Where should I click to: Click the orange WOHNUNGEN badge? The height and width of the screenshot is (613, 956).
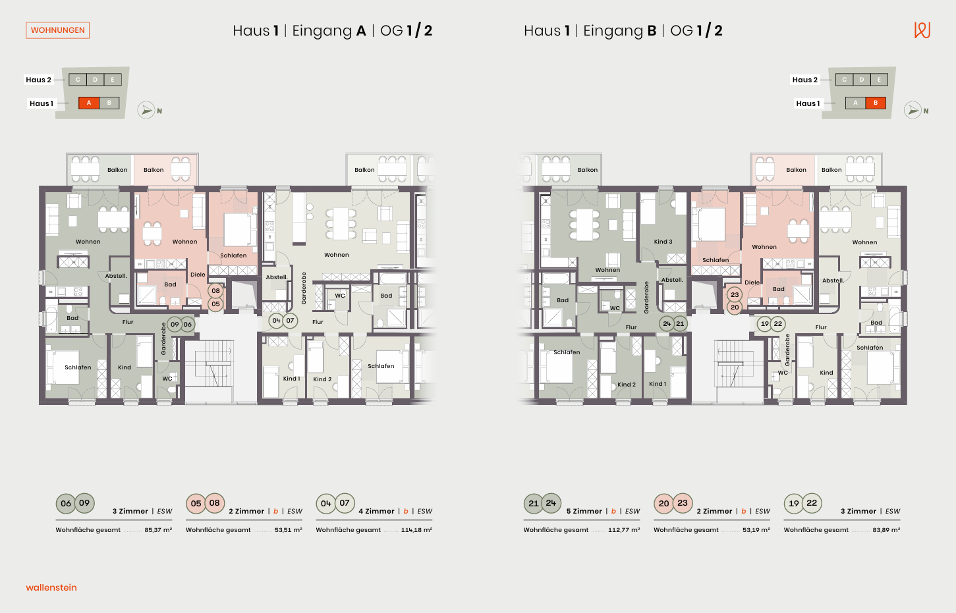(x=57, y=30)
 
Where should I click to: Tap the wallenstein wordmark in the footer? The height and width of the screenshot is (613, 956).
(x=51, y=587)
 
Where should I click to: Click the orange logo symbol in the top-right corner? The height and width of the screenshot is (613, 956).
(x=922, y=30)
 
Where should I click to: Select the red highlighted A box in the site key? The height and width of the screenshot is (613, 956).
(x=89, y=103)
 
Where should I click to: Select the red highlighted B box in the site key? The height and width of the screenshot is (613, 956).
(x=876, y=103)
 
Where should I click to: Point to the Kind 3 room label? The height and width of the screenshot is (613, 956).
(x=663, y=242)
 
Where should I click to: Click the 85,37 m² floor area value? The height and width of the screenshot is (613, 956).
(x=158, y=530)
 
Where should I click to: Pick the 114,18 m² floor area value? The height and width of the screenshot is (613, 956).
(x=416, y=530)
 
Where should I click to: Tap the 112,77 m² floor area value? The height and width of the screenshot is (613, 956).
(x=624, y=530)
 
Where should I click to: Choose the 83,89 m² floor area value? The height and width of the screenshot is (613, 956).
(x=886, y=530)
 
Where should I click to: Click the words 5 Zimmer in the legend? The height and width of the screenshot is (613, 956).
(x=584, y=511)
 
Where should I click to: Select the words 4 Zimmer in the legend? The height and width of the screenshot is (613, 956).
(x=376, y=511)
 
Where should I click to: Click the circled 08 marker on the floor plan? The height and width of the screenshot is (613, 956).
(x=215, y=291)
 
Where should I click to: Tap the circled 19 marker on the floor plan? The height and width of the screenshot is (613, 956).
(x=764, y=324)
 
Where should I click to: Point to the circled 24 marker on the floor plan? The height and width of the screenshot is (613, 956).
(x=667, y=324)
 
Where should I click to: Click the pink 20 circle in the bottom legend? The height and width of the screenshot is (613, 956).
(x=663, y=503)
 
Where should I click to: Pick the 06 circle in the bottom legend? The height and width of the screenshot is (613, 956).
(x=66, y=503)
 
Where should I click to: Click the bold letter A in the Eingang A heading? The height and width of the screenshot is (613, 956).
(x=361, y=31)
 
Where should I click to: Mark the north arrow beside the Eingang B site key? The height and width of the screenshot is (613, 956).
(x=913, y=111)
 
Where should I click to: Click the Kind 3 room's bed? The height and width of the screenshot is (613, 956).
(x=648, y=209)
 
